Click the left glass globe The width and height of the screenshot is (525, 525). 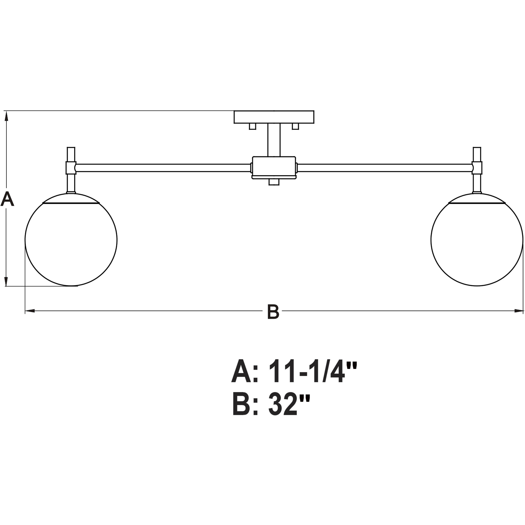(x=71, y=240)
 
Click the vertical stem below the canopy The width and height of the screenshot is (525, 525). (x=274, y=140)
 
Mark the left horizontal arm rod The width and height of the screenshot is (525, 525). (x=163, y=168)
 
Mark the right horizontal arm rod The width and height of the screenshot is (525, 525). (x=384, y=168)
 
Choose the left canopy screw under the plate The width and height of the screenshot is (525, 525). (x=252, y=126)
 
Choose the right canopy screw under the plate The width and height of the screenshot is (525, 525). (x=295, y=126)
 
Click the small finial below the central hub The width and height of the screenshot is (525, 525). (x=274, y=182)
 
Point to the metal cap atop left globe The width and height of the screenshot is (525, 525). (x=71, y=198)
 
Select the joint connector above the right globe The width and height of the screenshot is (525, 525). (x=477, y=168)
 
